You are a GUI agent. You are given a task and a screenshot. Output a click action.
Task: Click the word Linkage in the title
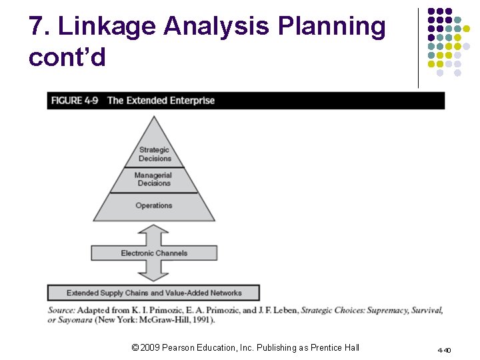109,27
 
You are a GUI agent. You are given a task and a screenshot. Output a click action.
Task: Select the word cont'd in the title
67,57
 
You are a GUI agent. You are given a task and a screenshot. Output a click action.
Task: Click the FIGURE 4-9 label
76,101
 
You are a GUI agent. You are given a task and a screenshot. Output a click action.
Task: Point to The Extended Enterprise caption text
161,101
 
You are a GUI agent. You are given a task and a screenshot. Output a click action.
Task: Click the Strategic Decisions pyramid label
154,154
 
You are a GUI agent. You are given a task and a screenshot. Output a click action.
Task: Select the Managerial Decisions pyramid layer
154,179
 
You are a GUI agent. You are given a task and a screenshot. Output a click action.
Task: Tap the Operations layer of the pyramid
154,205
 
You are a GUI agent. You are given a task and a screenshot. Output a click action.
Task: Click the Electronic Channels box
154,253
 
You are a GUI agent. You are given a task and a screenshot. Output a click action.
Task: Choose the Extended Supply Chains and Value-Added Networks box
154,293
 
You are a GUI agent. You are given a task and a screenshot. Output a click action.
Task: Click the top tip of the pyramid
154,118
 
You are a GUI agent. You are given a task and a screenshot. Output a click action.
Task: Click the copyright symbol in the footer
135,347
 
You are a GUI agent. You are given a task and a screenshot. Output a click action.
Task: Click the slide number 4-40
444,350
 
